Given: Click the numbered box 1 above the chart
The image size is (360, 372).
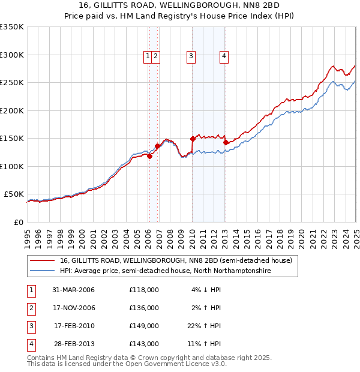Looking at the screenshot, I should coord(148,56).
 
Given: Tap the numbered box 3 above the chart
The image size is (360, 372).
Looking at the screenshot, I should coord(191,56).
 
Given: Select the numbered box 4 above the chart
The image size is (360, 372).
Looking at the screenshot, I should coord(224,56).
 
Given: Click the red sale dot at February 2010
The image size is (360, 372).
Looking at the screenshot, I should coord(193,139).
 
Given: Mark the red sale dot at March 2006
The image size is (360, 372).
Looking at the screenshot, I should coord(149,156).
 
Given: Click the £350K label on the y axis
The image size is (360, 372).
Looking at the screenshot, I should coord(12,27).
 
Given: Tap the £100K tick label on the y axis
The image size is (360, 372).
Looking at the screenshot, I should coord(12,166).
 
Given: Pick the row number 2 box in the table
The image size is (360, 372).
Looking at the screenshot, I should coord(31,308).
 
